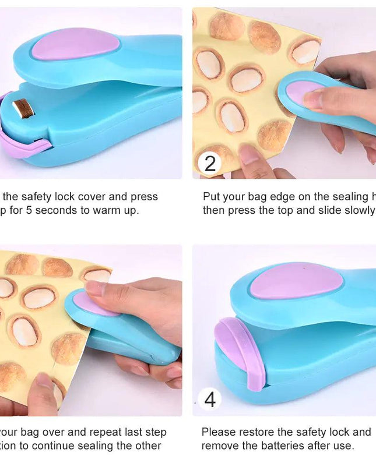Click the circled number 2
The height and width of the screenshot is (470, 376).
coord(210,164)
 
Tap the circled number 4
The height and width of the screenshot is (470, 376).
coord(210,400)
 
